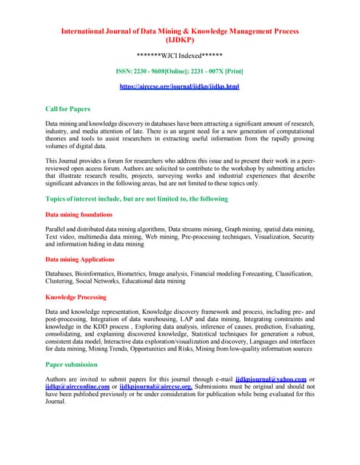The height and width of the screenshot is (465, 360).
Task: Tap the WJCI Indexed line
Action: tap(179, 55)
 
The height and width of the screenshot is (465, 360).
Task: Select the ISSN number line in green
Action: tap(179, 71)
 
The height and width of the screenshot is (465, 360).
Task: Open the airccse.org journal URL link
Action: tap(179, 86)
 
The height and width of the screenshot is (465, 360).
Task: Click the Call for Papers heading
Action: tap(68, 108)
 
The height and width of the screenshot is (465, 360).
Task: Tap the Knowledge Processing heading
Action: tap(76, 297)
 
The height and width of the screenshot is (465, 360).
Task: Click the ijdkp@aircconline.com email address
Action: tap(77, 387)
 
